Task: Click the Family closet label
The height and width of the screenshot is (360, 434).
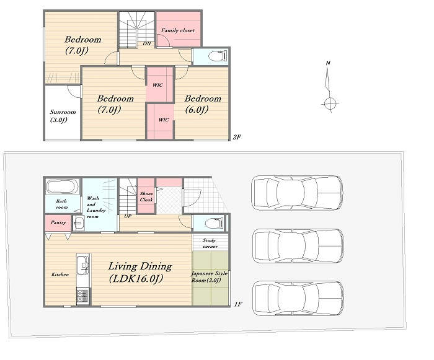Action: pyautogui.click(x=178, y=30)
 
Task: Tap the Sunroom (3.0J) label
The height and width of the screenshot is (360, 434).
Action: pyautogui.click(x=63, y=116)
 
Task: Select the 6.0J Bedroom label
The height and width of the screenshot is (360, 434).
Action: pyautogui.click(x=203, y=104)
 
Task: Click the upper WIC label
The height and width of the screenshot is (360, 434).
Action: pyautogui.click(x=157, y=85)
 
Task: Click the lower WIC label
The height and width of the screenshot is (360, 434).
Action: pyautogui.click(x=164, y=120)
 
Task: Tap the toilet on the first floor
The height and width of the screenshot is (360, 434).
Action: pyautogui.click(x=215, y=223)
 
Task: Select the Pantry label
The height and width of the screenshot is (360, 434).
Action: pyautogui.click(x=58, y=222)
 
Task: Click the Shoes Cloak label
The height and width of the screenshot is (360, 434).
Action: pyautogui.click(x=146, y=197)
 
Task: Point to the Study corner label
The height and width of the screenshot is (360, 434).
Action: pyautogui.click(x=210, y=244)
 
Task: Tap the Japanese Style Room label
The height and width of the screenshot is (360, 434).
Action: pyautogui.click(x=210, y=277)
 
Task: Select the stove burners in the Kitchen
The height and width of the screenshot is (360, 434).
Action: pyautogui.click(x=82, y=296)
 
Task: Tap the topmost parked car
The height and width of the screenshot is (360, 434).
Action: pyautogui.click(x=297, y=193)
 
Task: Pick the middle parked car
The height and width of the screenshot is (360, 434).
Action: pyautogui.click(x=298, y=246)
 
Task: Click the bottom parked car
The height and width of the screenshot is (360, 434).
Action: pyautogui.click(x=298, y=298)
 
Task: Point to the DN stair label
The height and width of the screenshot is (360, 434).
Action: pyautogui.click(x=147, y=44)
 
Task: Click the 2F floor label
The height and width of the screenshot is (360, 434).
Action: pyautogui.click(x=237, y=137)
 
